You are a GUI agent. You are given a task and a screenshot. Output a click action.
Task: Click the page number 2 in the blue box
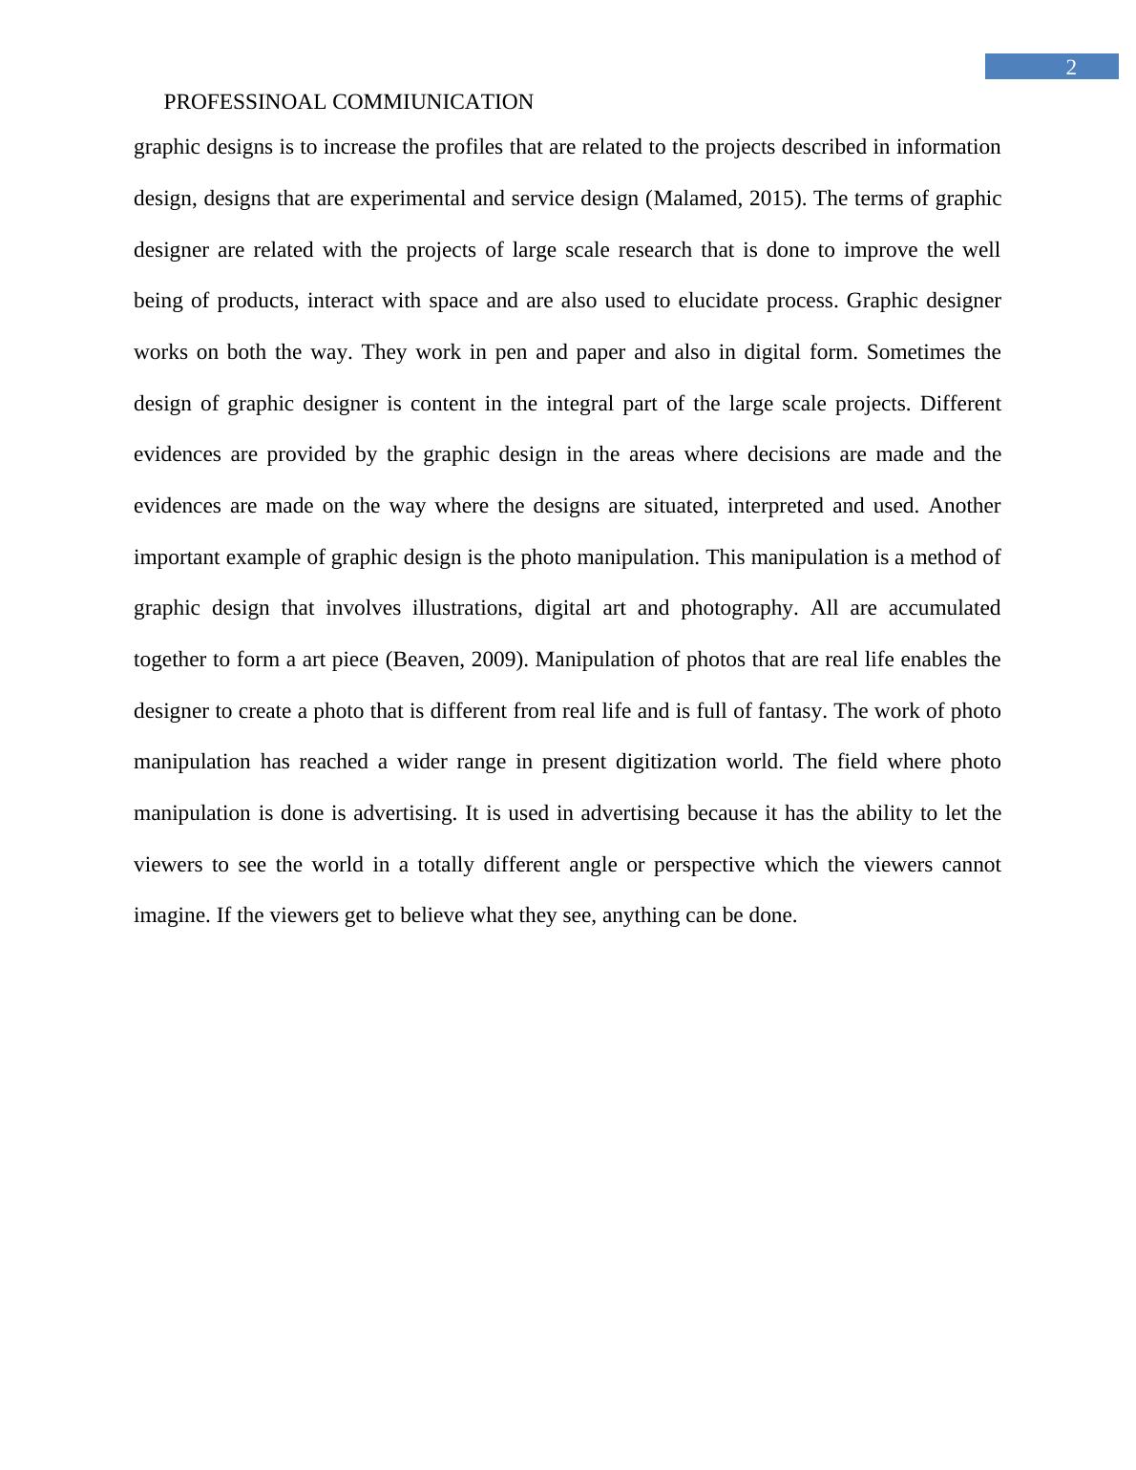[1071, 67]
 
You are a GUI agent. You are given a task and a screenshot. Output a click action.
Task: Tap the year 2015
[774, 199]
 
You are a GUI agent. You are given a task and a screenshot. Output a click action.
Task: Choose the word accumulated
[944, 608]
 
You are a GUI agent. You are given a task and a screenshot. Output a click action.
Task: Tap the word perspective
[704, 865]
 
